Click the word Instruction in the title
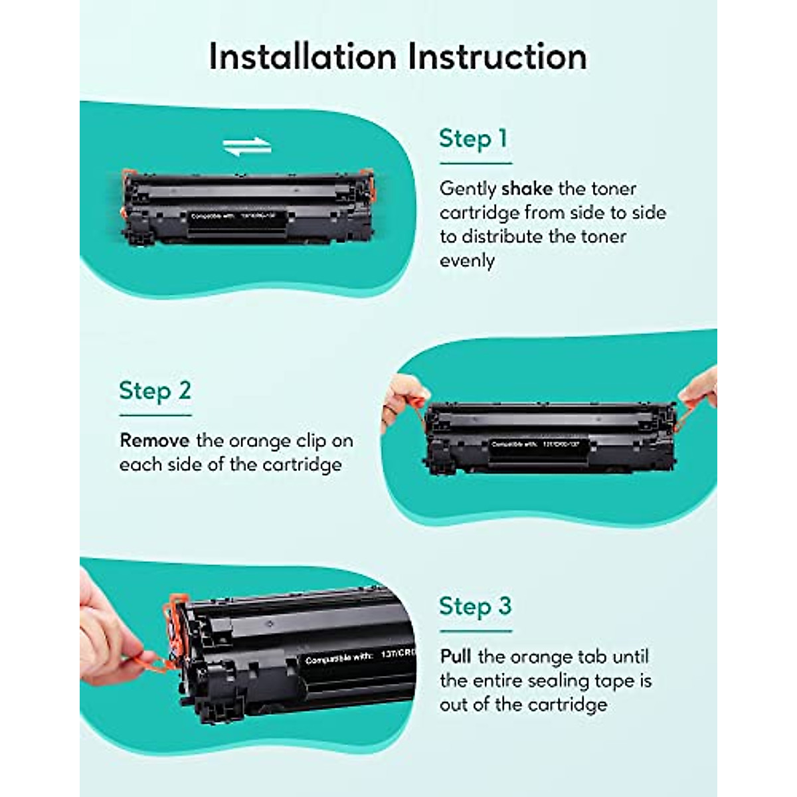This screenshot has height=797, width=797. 497,56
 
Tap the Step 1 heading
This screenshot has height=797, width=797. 473,139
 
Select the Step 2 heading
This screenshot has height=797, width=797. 155,391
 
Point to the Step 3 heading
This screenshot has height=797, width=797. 475,606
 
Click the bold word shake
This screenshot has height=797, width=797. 527,189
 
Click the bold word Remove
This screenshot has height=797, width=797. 154,441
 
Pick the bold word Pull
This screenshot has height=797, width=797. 456,657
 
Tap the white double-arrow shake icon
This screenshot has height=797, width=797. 247,147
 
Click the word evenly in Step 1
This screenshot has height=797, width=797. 467,260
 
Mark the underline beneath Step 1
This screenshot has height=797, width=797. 476,163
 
